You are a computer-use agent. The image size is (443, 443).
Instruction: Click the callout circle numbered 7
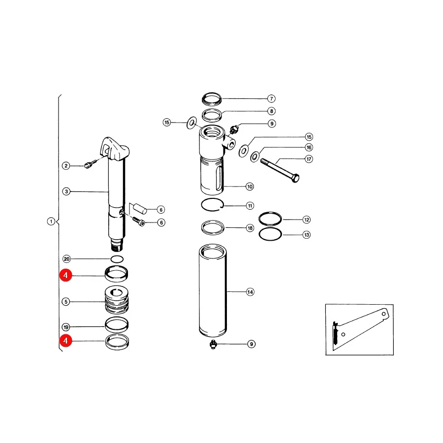coord(272,98)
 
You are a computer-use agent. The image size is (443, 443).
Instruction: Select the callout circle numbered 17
coord(309,159)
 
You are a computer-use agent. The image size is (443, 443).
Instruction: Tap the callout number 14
coord(250,292)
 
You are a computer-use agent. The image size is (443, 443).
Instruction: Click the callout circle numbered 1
coord(51,221)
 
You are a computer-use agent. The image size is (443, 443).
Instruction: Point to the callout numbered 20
coord(66,259)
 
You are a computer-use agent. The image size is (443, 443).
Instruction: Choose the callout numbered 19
coord(66,327)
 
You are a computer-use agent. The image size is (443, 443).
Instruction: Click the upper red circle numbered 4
coord(65,275)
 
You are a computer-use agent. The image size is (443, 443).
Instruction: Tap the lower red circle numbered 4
coord(65,341)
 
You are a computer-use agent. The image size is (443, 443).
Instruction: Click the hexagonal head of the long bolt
coord(295,178)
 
